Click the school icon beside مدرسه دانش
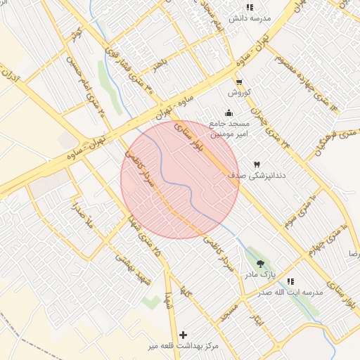(250, 8)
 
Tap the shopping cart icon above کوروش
(238, 82)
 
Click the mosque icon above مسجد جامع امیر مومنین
(229, 112)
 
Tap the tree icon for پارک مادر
(261, 264)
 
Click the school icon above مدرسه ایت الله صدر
(290, 281)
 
